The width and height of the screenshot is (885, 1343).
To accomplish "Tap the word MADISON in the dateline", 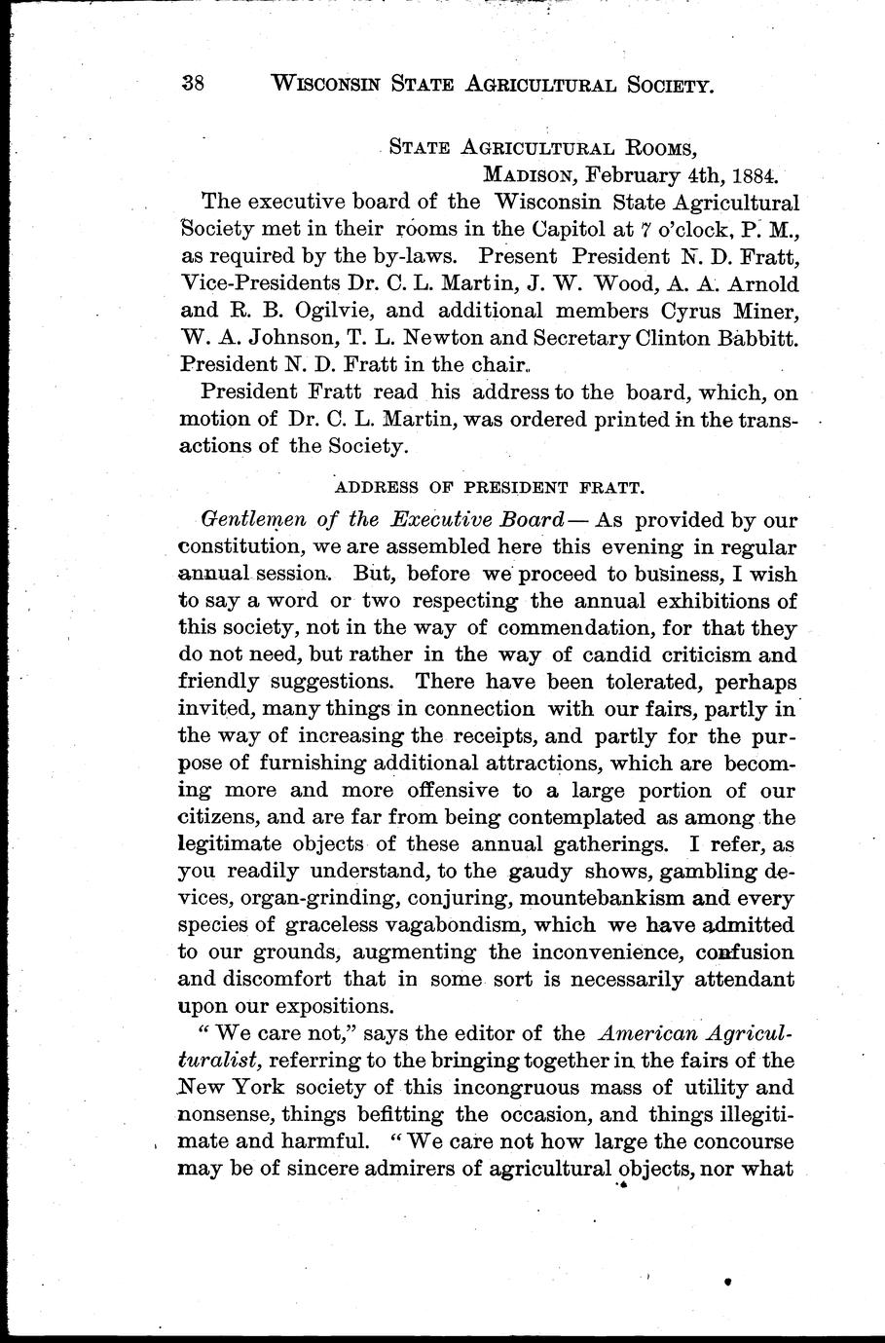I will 527,176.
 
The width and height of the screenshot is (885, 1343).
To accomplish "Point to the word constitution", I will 242,547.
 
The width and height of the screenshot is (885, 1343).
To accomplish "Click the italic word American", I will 648,1033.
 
